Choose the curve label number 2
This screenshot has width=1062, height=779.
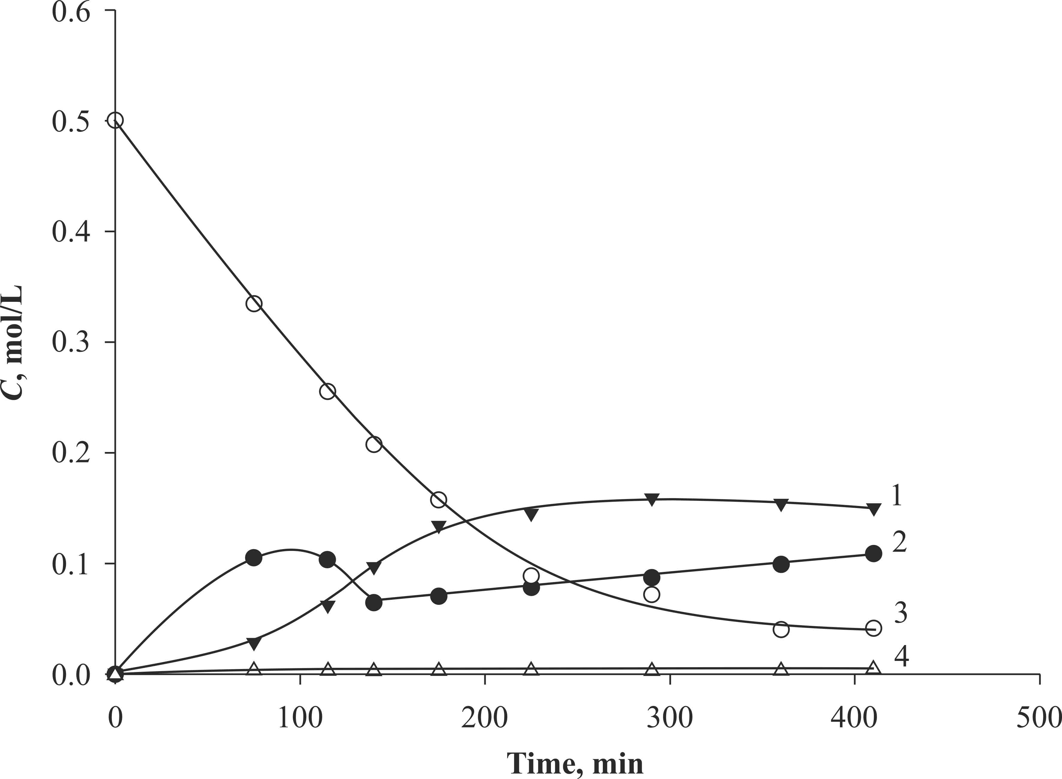(x=899, y=543)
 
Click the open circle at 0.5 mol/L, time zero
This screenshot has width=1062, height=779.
(x=115, y=121)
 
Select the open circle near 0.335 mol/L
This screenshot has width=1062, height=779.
(x=254, y=304)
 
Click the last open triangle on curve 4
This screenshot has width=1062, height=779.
(x=873, y=668)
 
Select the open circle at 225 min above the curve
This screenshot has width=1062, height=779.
(x=531, y=576)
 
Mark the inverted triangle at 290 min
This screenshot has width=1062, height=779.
(x=652, y=500)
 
